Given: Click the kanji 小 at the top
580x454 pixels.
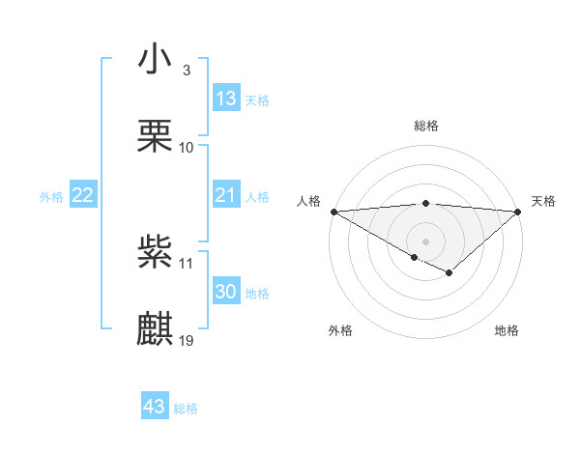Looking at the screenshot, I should (155, 59).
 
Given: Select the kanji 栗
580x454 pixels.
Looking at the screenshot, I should (155, 134).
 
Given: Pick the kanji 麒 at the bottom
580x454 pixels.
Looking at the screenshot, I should (155, 328).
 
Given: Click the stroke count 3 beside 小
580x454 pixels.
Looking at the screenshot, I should (186, 71).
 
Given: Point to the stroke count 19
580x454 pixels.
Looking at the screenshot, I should (188, 340).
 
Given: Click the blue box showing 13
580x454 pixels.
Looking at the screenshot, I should (226, 98).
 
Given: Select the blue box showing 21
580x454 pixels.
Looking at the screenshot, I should (226, 196).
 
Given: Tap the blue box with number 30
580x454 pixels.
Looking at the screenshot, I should (226, 292).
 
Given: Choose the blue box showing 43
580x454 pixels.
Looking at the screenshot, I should (155, 407).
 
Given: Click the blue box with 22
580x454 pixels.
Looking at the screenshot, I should (83, 196).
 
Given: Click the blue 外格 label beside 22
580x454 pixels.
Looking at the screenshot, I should (51, 197).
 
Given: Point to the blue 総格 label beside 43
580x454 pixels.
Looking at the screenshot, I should (186, 409).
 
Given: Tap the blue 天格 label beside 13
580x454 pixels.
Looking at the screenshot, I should (257, 99).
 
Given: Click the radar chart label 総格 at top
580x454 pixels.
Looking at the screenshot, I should (425, 126).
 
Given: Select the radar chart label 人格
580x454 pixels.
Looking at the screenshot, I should (307, 200).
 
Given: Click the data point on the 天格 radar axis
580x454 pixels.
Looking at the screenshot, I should (518, 212).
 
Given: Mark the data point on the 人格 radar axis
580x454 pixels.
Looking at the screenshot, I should (333, 212).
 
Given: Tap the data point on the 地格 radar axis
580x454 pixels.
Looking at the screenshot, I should (449, 274).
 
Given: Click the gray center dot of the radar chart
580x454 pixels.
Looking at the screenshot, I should (425, 241).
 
